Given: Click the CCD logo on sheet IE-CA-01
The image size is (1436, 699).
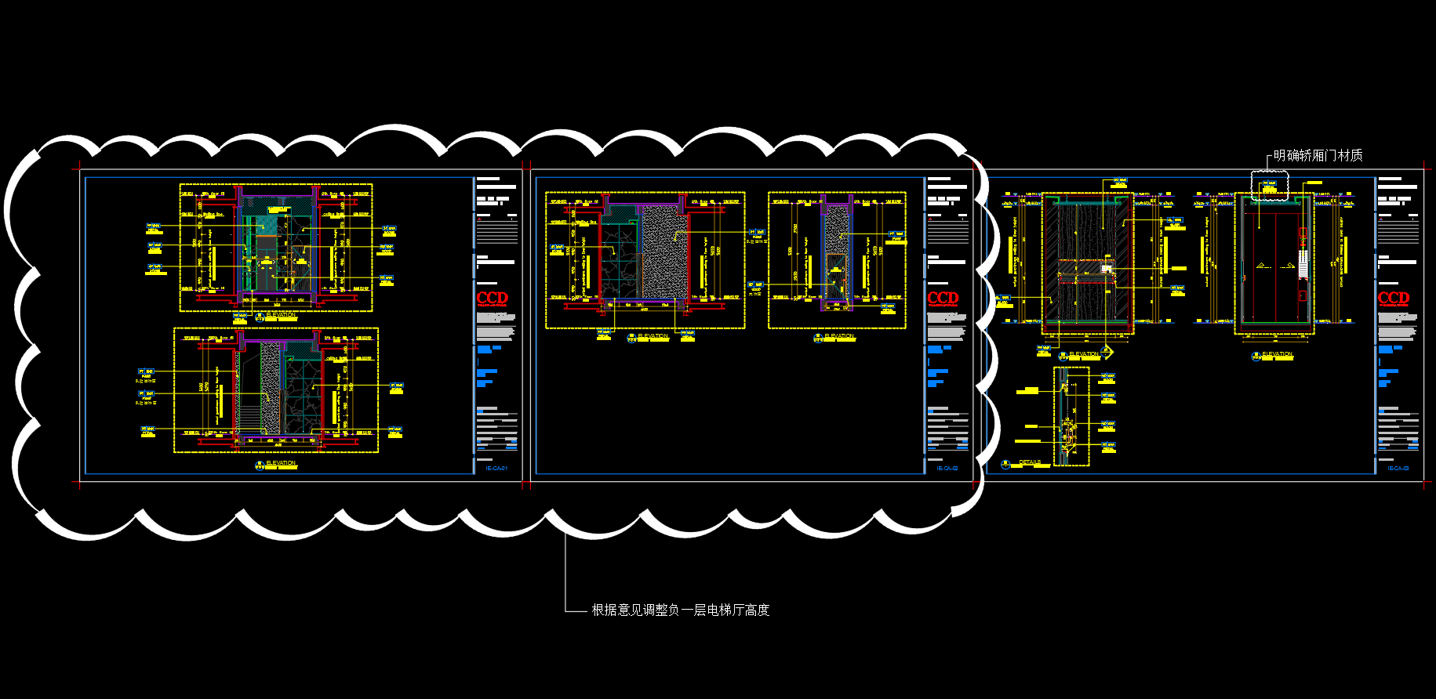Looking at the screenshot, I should (x=493, y=299).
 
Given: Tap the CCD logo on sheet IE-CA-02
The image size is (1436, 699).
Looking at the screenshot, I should (x=943, y=299).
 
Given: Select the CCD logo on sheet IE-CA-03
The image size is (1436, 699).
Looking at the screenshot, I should (x=1394, y=299).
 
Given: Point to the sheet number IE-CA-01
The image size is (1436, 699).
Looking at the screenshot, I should (x=496, y=469).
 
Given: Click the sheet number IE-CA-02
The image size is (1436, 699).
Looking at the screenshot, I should (x=947, y=469).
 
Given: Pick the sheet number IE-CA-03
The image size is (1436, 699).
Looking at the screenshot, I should (x=1398, y=469).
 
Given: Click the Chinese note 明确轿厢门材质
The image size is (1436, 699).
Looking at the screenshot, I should (x=1318, y=156).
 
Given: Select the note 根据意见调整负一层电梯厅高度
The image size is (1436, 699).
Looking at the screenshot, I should (x=680, y=610).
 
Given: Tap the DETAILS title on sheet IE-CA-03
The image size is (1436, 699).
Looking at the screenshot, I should (x=1030, y=463).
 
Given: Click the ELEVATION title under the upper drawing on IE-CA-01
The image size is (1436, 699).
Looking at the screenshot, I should (x=281, y=315).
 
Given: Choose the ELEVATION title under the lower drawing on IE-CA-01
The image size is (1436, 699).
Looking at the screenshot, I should (x=281, y=463).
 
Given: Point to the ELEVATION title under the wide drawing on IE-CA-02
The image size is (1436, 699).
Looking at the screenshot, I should (x=653, y=336).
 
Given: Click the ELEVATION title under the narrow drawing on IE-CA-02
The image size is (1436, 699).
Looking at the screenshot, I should (x=839, y=336).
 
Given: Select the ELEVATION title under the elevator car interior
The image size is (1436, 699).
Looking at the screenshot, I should (x=1277, y=354).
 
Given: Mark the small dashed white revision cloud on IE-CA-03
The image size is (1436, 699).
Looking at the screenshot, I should (x=1270, y=187).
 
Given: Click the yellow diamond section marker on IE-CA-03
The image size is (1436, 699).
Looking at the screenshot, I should (x=1107, y=352).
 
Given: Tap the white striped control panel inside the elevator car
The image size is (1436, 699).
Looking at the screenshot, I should (x=1303, y=264).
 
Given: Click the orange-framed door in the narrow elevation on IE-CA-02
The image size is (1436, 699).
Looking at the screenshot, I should (x=836, y=276).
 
